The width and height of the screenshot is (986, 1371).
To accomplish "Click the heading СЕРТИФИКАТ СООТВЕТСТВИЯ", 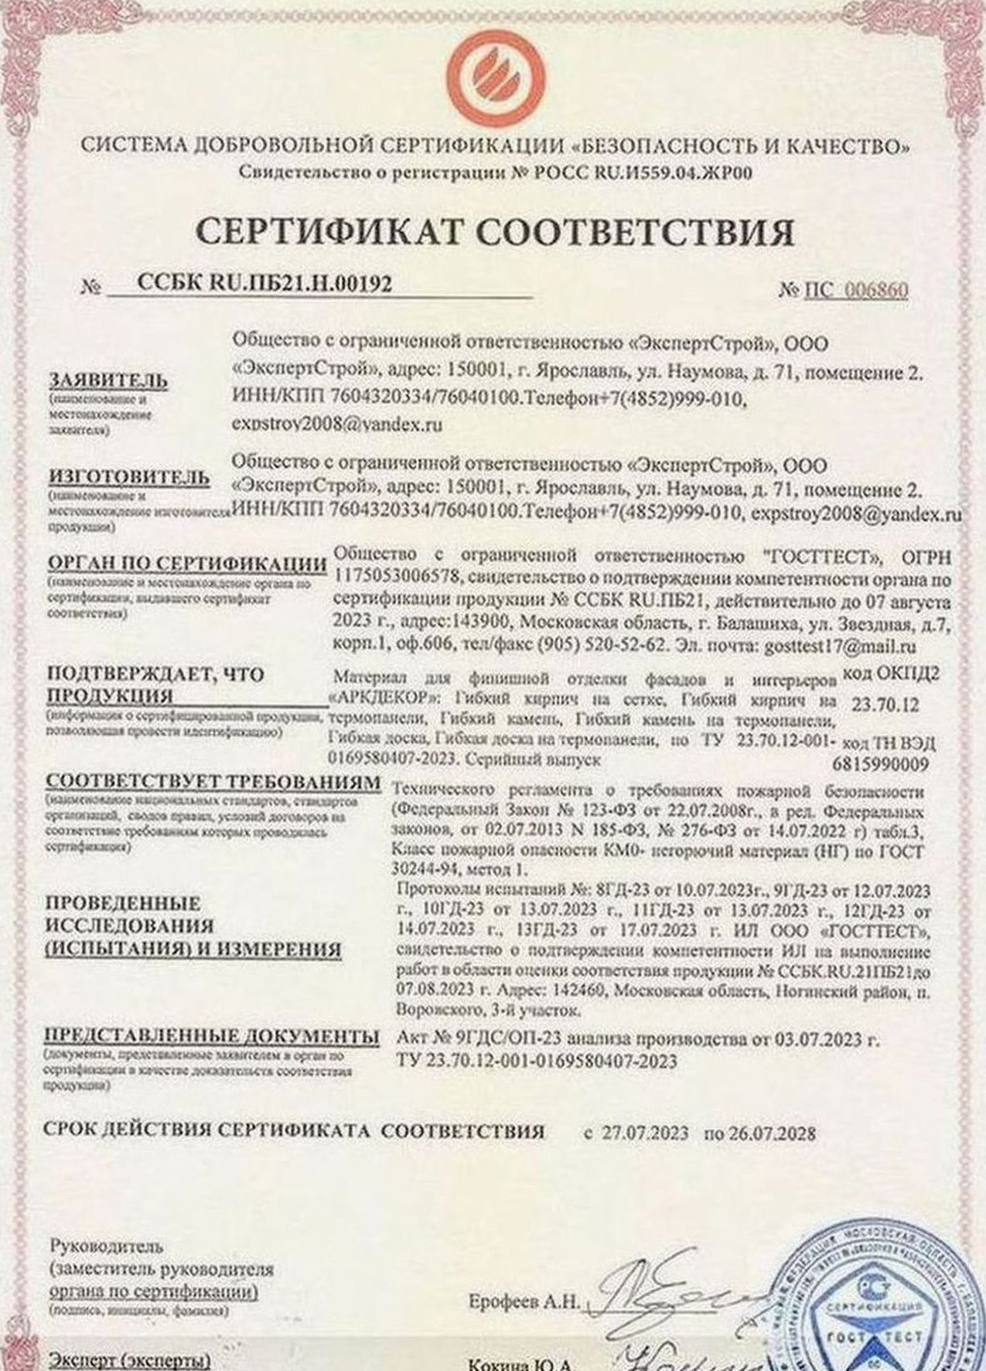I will point(495,231).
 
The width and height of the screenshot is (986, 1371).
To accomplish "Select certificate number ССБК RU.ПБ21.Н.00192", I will point(264,284).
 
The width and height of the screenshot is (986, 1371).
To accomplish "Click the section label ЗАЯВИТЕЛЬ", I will point(108,380).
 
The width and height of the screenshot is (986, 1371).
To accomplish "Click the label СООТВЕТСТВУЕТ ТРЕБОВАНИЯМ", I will point(213,782).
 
